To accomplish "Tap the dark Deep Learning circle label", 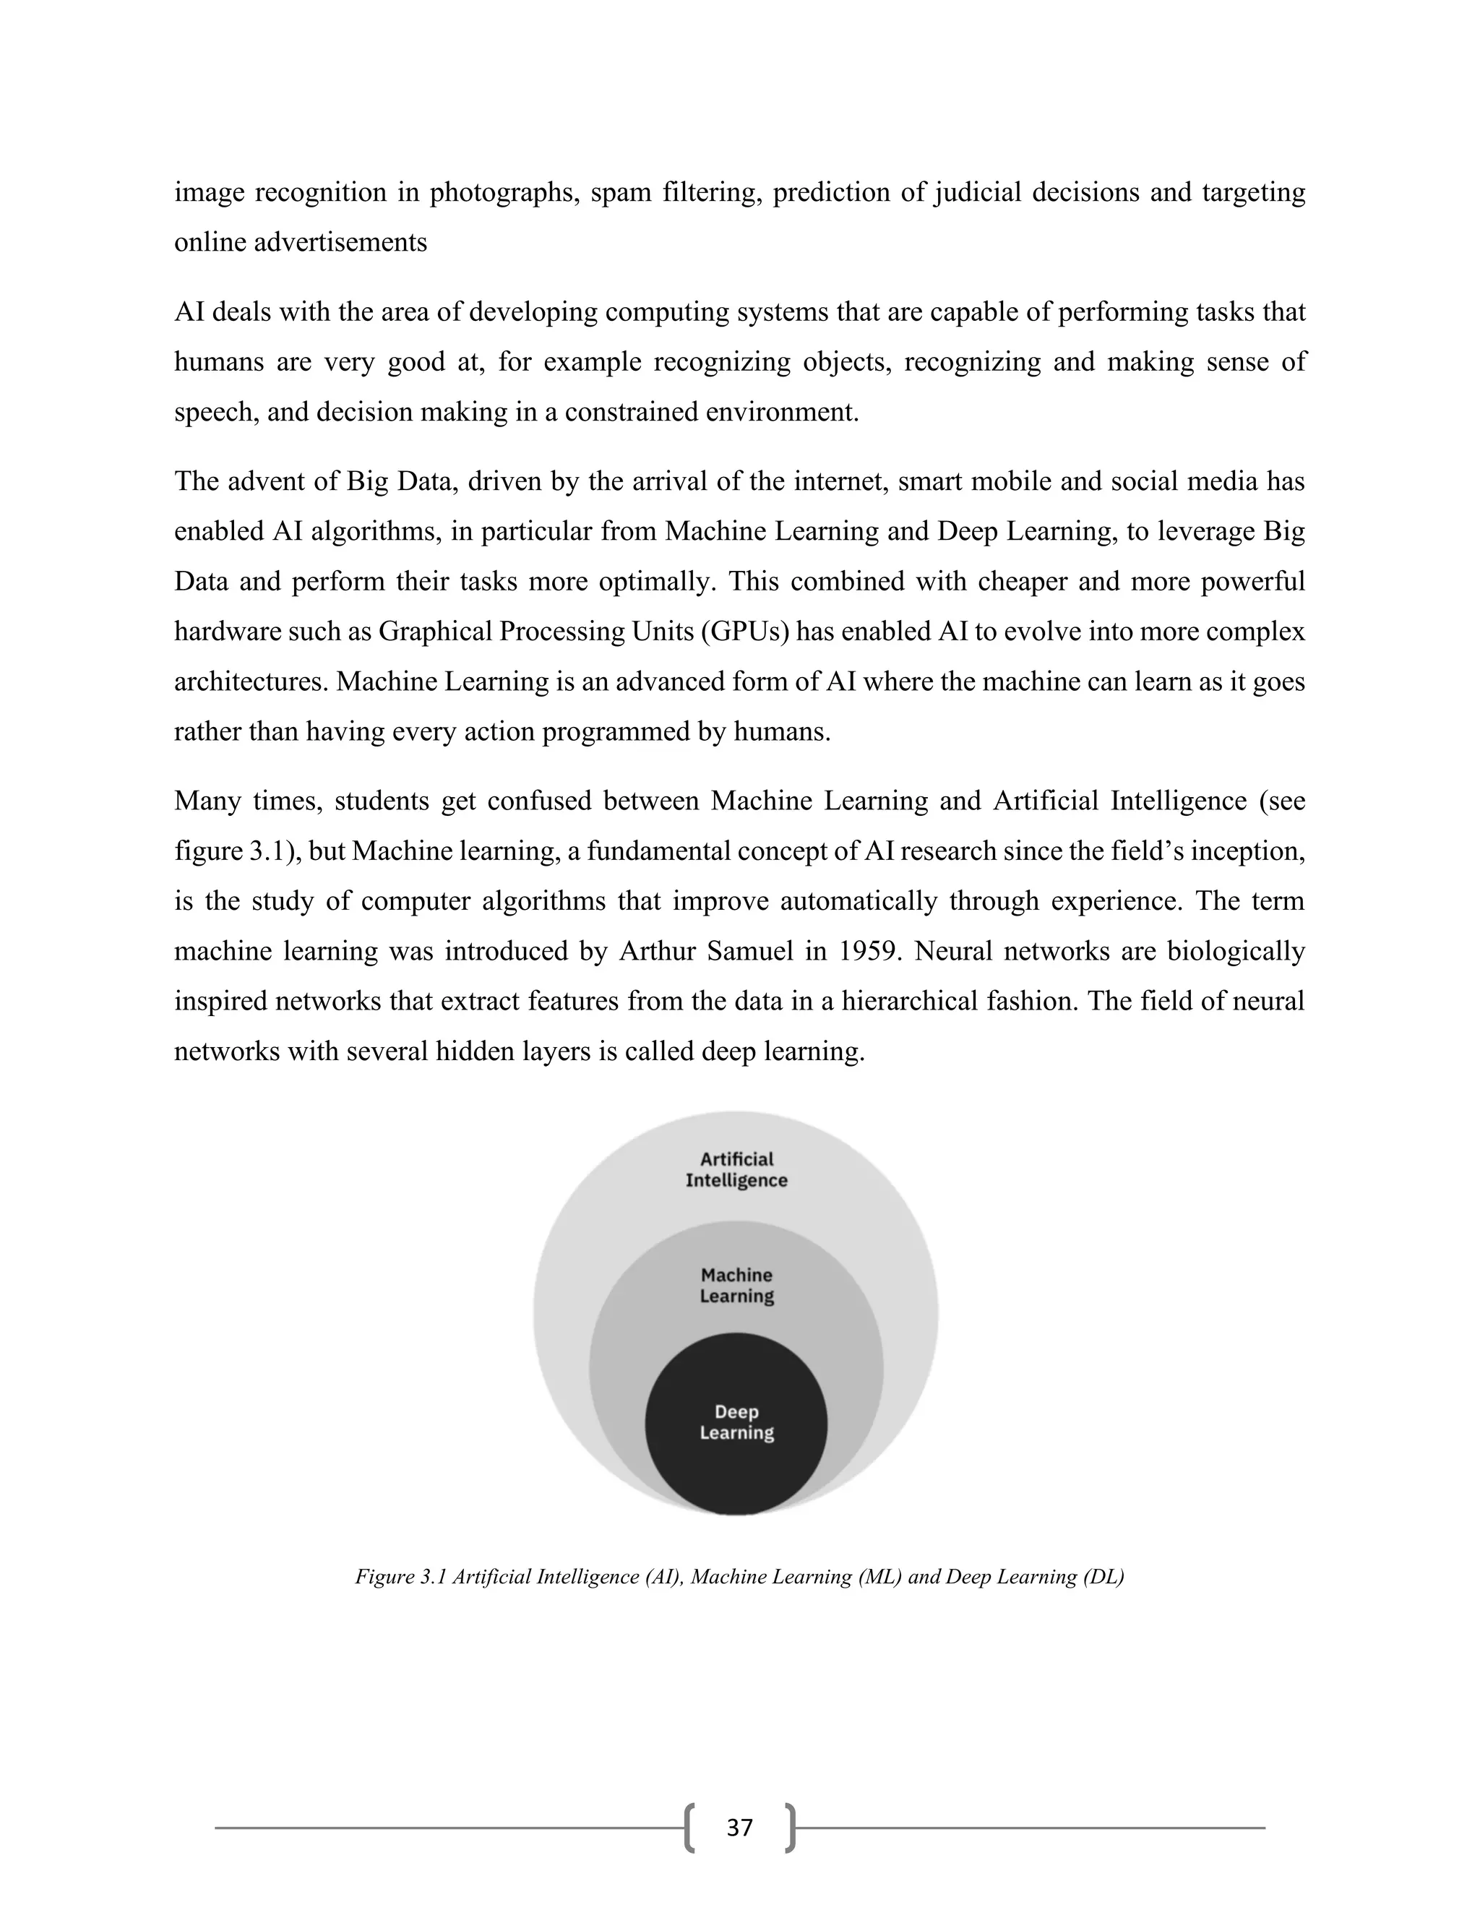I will coord(736,1422).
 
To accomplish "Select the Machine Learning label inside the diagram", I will coord(736,1286).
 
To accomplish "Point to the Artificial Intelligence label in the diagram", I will coord(736,1170).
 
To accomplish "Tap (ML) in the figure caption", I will coord(873,1577).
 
